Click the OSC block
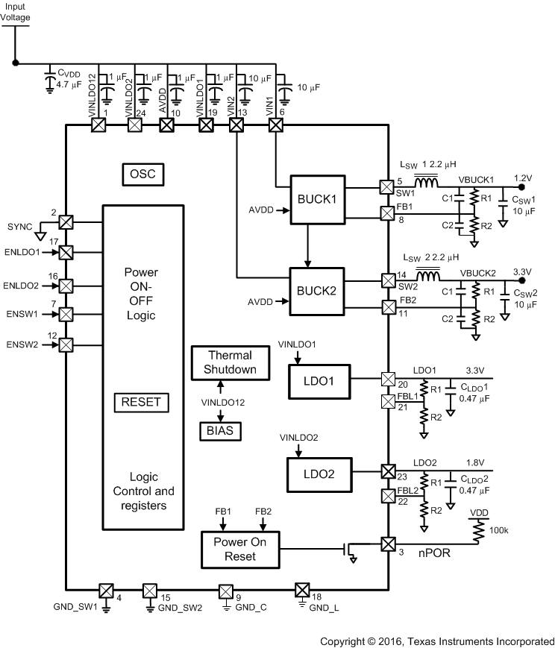pyautogui.click(x=142, y=174)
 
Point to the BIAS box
pyautogui.click(x=219, y=430)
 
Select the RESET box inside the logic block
pyautogui.click(x=141, y=402)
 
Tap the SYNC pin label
pyautogui.click(x=20, y=225)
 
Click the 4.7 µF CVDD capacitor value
pyautogui.click(x=72, y=84)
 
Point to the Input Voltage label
pyautogui.click(x=16, y=11)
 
